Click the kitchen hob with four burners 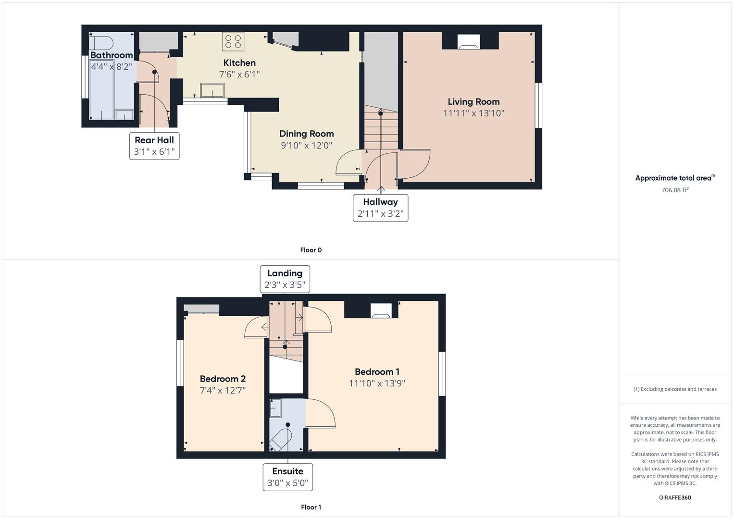point(233,41)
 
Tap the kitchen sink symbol point(212,90)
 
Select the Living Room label point(473,101)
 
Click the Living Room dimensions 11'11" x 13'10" point(473,113)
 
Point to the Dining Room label point(306,134)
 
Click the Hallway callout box point(380,208)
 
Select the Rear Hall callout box point(154,146)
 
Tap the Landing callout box point(285,279)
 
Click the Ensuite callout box point(287,477)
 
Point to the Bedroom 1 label point(377,371)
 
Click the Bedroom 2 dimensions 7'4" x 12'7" point(223,390)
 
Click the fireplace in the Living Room point(468,42)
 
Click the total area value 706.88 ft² point(674,190)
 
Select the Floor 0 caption point(311,250)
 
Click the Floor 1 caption point(311,507)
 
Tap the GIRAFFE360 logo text point(674,497)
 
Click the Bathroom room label point(112,55)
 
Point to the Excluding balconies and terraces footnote point(674,389)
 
